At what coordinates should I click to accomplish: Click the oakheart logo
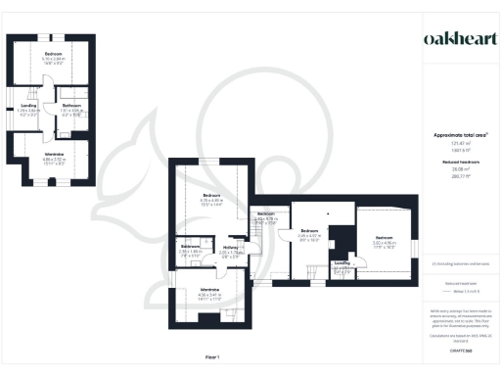click(450, 38)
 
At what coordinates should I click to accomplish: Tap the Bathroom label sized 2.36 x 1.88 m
click(190, 246)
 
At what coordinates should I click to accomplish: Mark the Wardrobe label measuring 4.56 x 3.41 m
click(209, 290)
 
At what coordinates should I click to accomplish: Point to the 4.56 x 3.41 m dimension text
click(209, 295)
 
